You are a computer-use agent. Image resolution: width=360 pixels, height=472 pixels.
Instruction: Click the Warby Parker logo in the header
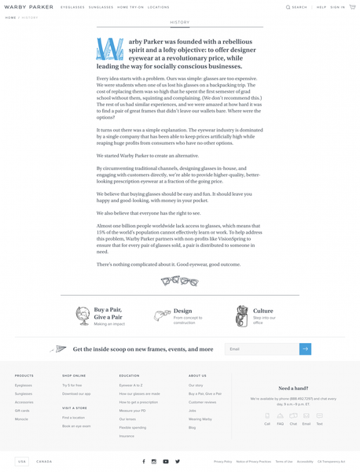[29, 7]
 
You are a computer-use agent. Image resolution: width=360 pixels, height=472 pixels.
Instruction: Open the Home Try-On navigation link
[130, 7]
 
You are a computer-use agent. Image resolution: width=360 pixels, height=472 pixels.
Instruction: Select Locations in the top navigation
[159, 7]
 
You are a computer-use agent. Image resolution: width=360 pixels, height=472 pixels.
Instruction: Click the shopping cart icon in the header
[352, 7]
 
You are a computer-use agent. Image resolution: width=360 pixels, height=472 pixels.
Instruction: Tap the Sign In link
[338, 7]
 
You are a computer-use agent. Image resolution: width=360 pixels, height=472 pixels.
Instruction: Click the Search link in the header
[297, 7]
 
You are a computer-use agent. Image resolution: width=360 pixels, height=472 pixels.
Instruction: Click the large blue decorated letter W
[109, 50]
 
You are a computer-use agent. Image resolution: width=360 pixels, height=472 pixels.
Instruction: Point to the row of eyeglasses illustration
[180, 281]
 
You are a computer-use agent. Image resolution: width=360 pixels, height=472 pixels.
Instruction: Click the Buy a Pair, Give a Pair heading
[108, 313]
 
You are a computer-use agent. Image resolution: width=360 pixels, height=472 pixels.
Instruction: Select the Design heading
[182, 311]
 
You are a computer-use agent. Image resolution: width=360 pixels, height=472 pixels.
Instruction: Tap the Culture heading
[263, 311]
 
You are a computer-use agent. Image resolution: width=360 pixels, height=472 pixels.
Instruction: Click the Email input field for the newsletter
[262, 348]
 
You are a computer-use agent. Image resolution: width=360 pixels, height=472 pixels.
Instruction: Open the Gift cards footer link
[22, 411]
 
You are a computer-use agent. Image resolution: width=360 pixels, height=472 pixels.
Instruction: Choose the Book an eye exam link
[76, 426]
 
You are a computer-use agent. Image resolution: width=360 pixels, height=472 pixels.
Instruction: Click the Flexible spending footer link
[133, 427]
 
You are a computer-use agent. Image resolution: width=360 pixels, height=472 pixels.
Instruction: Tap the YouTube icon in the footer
[166, 462]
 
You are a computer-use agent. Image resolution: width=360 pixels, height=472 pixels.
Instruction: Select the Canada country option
[44, 462]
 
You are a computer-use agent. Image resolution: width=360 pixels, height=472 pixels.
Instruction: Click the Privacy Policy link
[222, 462]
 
